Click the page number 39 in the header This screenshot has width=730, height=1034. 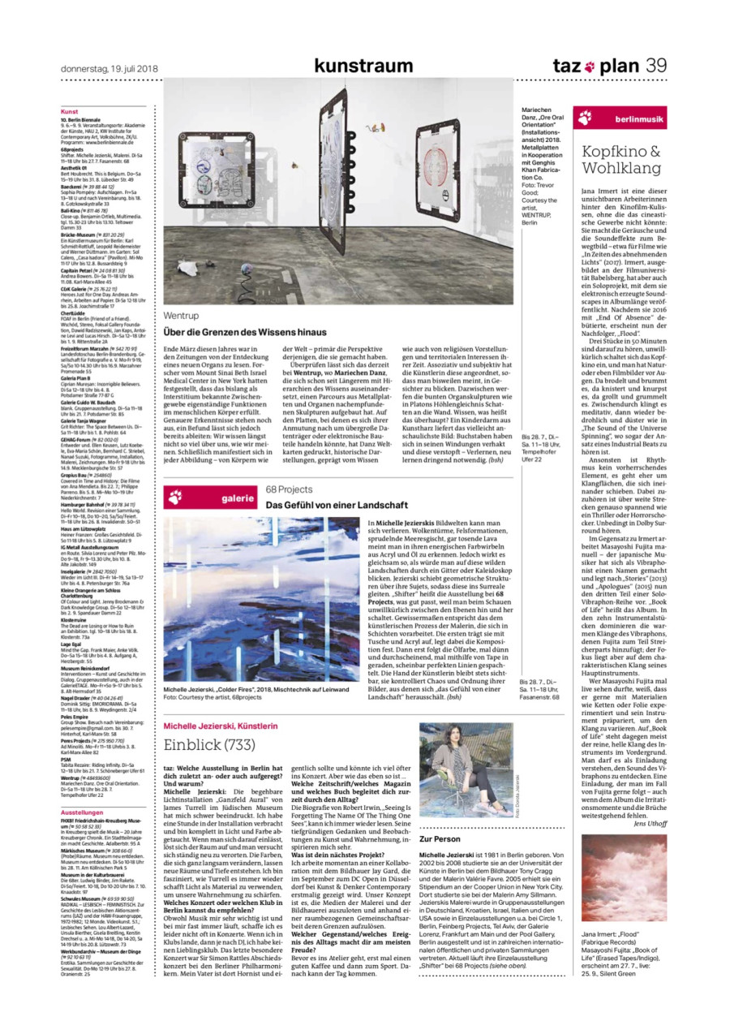656,66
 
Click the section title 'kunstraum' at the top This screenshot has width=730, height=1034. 363,66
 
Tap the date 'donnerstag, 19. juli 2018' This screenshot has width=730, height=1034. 109,68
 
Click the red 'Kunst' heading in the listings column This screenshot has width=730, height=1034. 69,110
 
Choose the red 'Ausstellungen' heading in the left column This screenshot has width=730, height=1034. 82,812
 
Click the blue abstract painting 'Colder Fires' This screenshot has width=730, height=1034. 261,600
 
